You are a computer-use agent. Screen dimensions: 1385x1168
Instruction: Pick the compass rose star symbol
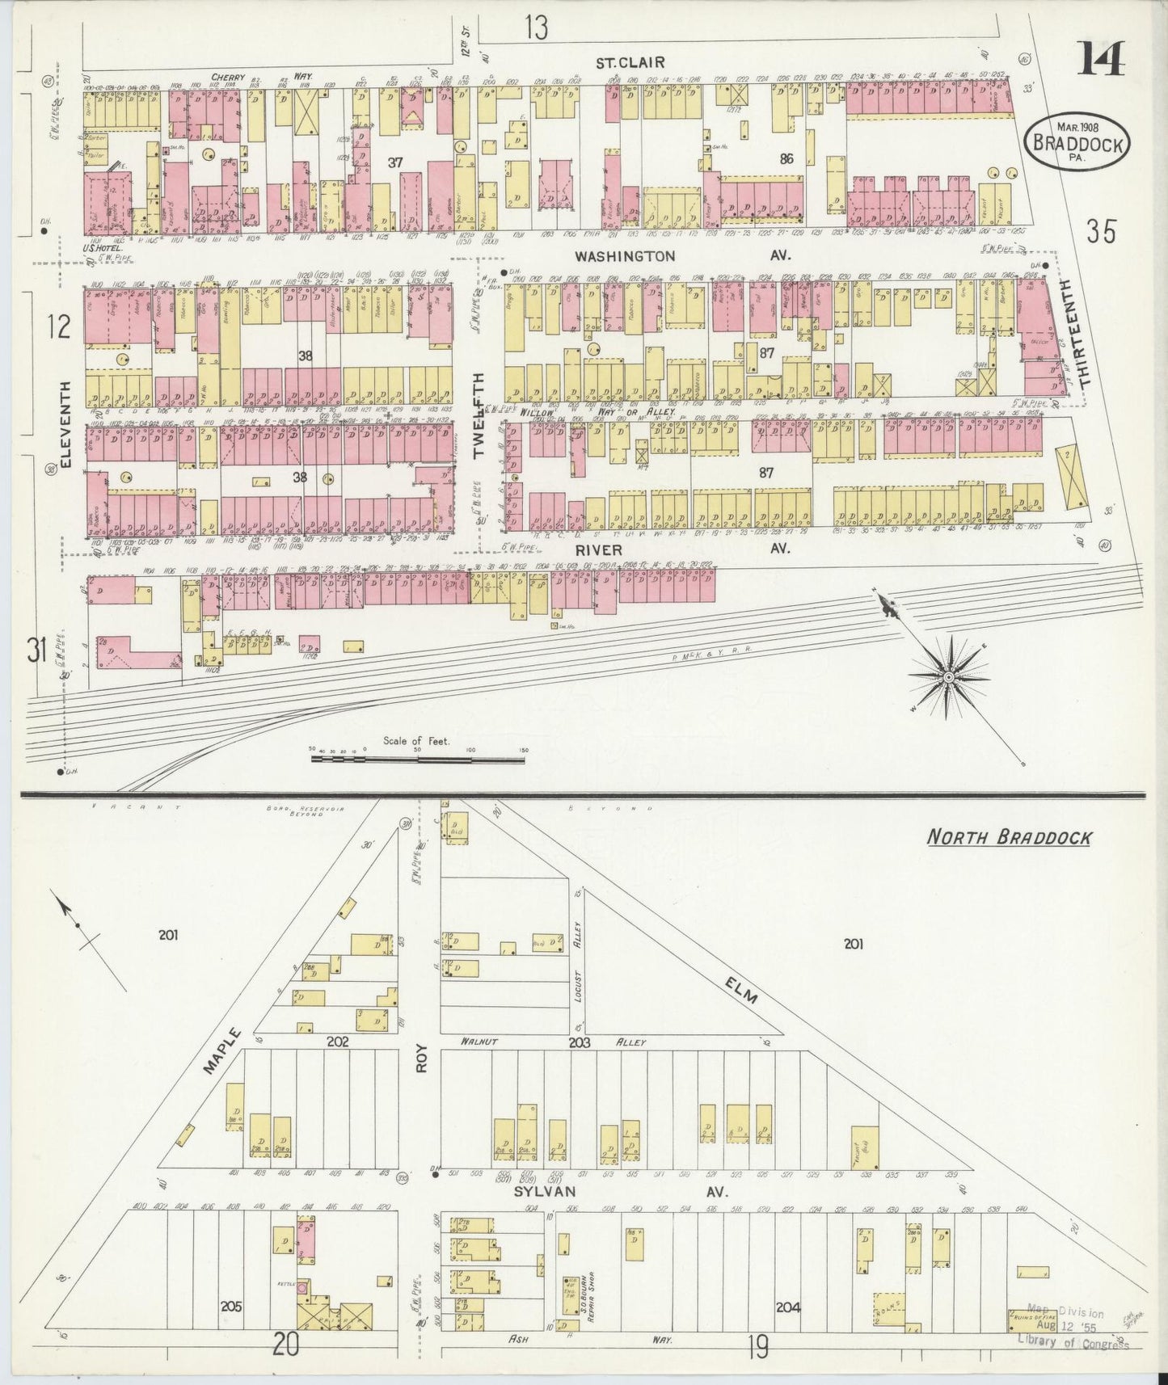coord(945,676)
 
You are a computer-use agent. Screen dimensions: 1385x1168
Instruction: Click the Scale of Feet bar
coord(418,758)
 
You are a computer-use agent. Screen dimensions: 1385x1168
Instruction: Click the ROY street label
coord(420,1055)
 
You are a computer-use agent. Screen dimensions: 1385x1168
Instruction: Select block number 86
coord(786,159)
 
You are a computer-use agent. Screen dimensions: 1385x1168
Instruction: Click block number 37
coord(394,162)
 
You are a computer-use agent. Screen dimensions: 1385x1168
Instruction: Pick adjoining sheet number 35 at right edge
coord(1101,232)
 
